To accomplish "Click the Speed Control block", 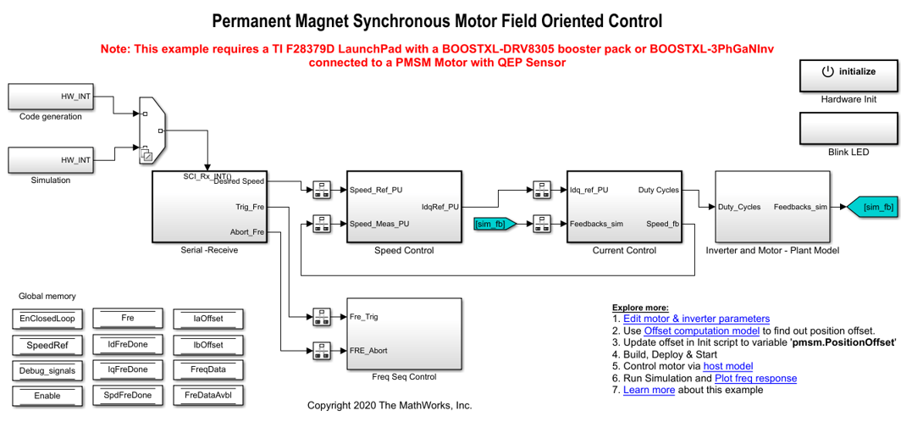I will (x=404, y=207).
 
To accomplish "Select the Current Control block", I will (x=624, y=207).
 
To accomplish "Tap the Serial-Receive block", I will (x=209, y=207).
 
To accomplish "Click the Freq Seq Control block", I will (x=404, y=333).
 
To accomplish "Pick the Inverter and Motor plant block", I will (x=771, y=207).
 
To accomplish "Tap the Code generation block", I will (x=51, y=97).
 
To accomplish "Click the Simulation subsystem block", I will (x=51, y=160).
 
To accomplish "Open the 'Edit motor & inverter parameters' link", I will (x=696, y=319).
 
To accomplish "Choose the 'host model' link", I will (x=728, y=366).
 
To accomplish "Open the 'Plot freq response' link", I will (x=755, y=378).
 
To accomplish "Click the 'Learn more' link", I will (x=649, y=390).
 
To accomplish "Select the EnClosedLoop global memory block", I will (x=47, y=319).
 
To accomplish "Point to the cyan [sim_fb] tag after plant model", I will (x=874, y=207).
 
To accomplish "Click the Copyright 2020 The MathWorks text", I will (x=390, y=406).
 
